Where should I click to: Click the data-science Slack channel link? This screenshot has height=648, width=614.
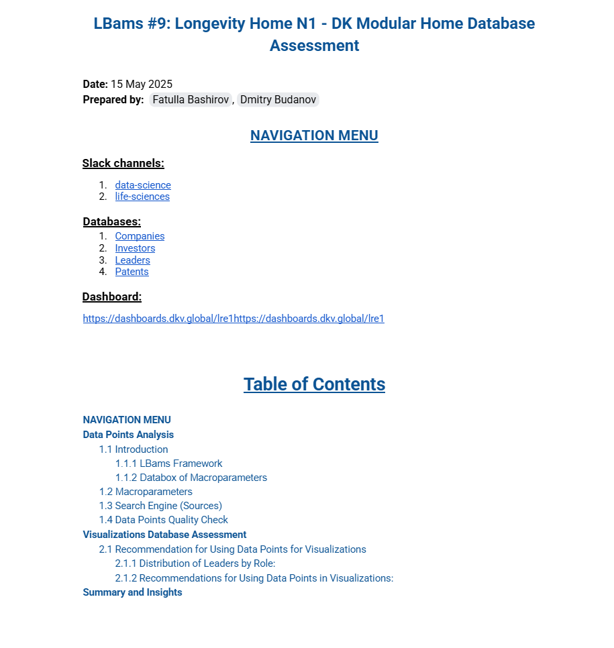143,185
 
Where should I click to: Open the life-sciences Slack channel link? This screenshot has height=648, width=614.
142,197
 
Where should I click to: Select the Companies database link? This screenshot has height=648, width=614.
140,236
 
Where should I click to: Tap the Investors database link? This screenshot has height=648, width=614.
135,248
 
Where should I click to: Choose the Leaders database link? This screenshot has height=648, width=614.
132,260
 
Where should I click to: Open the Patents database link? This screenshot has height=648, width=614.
132,272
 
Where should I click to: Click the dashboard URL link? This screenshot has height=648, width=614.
233,319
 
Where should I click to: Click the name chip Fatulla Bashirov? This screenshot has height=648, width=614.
191,100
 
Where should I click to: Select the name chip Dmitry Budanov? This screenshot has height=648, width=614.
278,100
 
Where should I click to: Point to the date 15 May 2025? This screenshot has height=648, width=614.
142,85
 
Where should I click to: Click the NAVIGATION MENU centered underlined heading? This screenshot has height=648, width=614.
314,136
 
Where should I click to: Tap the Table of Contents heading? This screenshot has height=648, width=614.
314,384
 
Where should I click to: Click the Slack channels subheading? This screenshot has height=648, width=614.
123,164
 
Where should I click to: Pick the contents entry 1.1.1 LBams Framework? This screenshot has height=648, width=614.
168,464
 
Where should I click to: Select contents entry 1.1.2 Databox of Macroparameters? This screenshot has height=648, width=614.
191,478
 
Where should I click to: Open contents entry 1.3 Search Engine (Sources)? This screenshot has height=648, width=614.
160,506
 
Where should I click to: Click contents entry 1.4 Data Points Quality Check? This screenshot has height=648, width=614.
164,520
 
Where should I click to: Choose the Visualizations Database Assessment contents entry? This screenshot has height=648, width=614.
164,535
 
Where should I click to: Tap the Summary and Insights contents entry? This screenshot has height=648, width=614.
132,592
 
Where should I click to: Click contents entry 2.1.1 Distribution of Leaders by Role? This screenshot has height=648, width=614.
195,563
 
